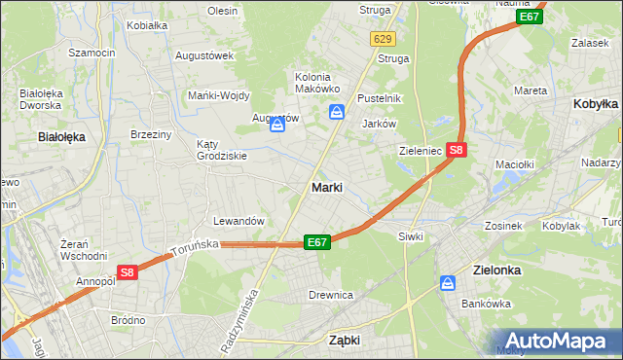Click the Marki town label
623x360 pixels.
coord(326,187)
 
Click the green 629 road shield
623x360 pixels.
coord(383,39)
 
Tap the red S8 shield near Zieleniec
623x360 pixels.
coord(458,150)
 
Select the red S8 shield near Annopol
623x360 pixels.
coord(128,273)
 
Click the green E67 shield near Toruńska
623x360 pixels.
coord(316,242)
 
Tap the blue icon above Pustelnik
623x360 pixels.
coord(336,112)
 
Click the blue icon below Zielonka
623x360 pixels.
coord(448,283)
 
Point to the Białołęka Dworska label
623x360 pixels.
coord(41,99)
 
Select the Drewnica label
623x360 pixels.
coord(330,295)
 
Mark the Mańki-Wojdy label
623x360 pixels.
coord(219,95)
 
